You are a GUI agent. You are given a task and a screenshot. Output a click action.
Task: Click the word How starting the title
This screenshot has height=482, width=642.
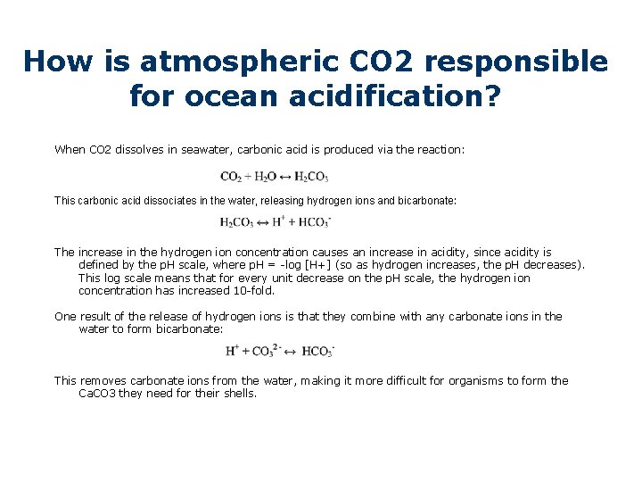point(56,62)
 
